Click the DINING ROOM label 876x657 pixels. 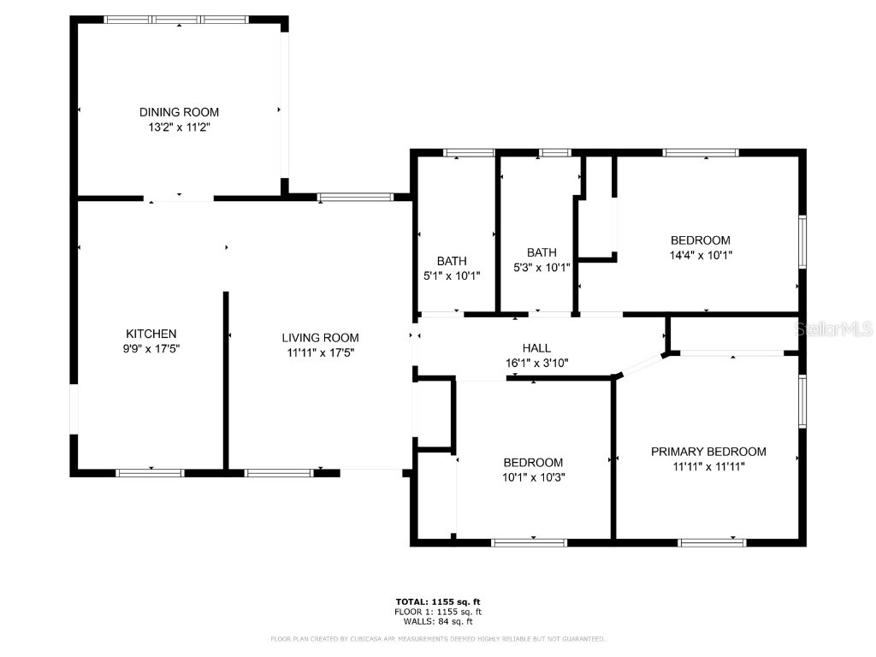tap(179, 112)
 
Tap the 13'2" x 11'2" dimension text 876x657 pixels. tap(179, 127)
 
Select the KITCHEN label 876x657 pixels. tap(151, 334)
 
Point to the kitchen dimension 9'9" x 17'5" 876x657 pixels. tap(151, 348)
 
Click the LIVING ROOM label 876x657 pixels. tap(321, 337)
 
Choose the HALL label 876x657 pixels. tap(536, 347)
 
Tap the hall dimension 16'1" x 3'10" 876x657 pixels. tap(536, 362)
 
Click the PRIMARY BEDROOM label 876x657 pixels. tap(708, 452)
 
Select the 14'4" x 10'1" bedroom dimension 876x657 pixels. tap(700, 255)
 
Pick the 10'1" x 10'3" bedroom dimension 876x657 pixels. tap(533, 476)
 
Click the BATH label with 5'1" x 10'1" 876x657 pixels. tap(452, 261)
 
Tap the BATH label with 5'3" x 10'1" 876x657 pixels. tap(542, 252)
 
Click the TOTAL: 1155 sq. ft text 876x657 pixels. tap(438, 601)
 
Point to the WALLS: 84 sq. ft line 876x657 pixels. tap(438, 621)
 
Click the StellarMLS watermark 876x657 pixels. tap(834, 328)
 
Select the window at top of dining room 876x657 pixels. tap(178, 19)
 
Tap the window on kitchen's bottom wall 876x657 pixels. tap(150, 472)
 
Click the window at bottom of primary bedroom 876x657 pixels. tap(712, 542)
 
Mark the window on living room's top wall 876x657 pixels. tap(355, 198)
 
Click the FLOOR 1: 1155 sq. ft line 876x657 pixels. tap(438, 612)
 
